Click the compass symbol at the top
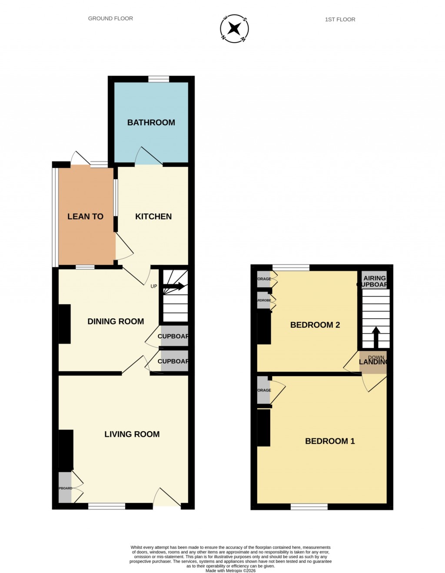click(234, 29)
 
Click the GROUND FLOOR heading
click(110, 19)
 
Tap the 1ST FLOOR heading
click(340, 20)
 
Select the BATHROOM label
click(151, 123)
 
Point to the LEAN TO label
click(85, 217)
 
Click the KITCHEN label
click(153, 217)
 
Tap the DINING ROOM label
click(116, 321)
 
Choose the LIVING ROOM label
click(132, 434)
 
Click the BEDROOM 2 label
click(315, 325)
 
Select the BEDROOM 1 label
click(330, 441)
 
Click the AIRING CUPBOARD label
click(374, 281)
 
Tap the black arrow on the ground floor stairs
click(174, 286)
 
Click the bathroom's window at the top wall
click(158, 79)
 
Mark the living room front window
click(106, 506)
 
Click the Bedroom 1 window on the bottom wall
click(309, 506)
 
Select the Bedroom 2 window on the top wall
click(291, 267)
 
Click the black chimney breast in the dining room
click(64, 324)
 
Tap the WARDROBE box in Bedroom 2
click(264, 300)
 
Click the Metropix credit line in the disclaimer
click(230, 571)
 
